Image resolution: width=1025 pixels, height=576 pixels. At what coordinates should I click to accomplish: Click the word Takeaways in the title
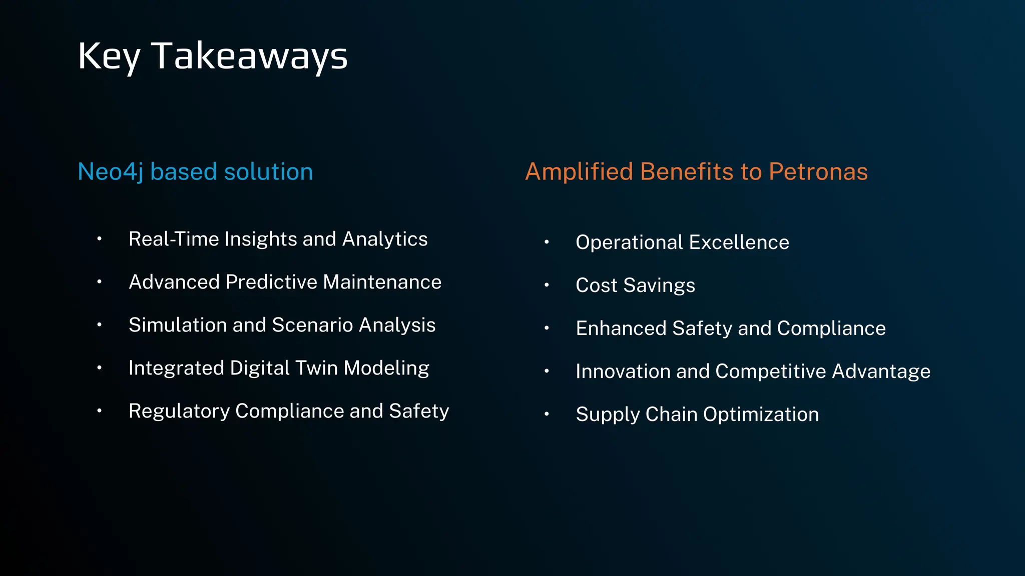click(x=249, y=56)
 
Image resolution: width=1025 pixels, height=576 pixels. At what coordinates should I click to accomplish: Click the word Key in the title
click(x=109, y=56)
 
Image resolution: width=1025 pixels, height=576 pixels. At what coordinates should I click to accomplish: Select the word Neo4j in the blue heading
click(x=111, y=171)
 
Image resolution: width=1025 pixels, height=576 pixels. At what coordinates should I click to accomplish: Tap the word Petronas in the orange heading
click(x=818, y=171)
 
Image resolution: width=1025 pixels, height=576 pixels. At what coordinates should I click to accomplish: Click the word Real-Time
click(x=174, y=239)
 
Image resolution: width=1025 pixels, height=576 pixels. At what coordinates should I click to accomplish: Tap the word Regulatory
click(x=179, y=411)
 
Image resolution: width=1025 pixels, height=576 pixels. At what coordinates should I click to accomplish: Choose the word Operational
click(x=629, y=242)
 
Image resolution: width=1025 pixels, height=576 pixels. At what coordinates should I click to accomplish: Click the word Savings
click(x=659, y=285)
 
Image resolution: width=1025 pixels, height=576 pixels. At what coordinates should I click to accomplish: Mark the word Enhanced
click(x=621, y=328)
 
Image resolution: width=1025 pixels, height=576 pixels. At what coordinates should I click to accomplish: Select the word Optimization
click(x=761, y=414)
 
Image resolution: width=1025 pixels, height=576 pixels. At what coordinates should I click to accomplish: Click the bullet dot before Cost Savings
click(x=547, y=285)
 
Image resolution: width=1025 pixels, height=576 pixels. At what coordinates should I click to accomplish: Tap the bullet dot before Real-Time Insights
click(x=100, y=239)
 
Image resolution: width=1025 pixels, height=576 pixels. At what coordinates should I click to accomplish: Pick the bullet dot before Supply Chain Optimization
click(x=547, y=414)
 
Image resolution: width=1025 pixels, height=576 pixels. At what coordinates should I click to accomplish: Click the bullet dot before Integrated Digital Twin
click(x=100, y=368)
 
